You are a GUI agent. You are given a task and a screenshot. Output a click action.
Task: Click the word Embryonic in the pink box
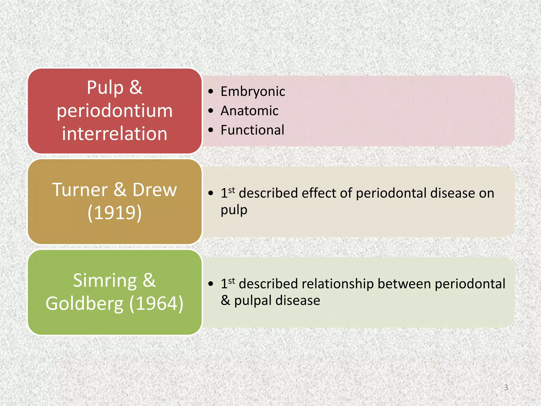(x=253, y=92)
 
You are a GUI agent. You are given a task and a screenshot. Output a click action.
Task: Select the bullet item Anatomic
(x=249, y=111)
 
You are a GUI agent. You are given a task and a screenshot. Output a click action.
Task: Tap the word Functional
(x=252, y=130)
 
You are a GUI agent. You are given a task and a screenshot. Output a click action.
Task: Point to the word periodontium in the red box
(x=115, y=111)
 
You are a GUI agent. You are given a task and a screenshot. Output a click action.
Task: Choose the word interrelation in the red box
(x=115, y=134)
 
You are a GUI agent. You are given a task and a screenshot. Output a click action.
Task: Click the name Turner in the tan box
(x=80, y=190)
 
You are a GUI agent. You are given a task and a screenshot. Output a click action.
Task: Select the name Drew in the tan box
(x=155, y=190)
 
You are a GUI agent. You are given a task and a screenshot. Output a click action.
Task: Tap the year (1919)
(x=115, y=213)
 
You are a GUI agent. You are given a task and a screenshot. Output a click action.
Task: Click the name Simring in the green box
(x=105, y=281)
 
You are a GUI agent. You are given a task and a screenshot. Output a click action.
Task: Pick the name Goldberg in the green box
(x=85, y=304)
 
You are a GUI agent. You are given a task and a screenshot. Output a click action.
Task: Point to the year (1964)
(x=156, y=304)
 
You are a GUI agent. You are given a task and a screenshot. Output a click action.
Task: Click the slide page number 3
(x=506, y=387)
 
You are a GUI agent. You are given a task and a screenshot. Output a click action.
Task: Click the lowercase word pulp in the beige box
(x=234, y=210)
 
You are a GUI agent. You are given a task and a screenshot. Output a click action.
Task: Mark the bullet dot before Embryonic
(x=211, y=92)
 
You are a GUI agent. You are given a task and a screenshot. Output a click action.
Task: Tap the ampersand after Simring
(x=149, y=281)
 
